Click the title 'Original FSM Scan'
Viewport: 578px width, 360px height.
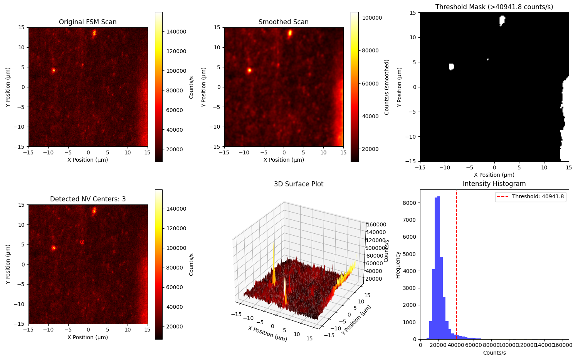point(87,22)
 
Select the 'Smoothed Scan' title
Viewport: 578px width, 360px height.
point(283,22)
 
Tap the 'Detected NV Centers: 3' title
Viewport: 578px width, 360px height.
point(87,199)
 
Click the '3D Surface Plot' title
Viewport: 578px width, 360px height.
point(299,184)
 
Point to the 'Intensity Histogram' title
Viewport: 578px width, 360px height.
point(494,184)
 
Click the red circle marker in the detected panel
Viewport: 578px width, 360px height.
point(82,242)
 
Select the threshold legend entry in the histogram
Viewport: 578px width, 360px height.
point(530,197)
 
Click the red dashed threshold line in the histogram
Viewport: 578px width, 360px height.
point(457,270)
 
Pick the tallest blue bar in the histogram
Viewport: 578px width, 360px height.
point(439,270)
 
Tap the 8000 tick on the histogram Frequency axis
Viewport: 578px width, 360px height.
point(412,203)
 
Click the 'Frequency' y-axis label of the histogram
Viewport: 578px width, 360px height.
point(398,265)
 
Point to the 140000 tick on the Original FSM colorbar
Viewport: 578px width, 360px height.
point(176,32)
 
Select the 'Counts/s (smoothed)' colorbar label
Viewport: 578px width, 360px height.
point(386,87)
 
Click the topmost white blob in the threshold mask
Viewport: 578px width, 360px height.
point(502,20)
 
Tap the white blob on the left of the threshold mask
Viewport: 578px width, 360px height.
point(451,67)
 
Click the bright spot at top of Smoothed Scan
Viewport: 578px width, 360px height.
point(290,33)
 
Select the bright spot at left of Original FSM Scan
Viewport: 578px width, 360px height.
point(54,70)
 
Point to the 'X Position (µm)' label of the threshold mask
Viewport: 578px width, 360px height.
point(494,175)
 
